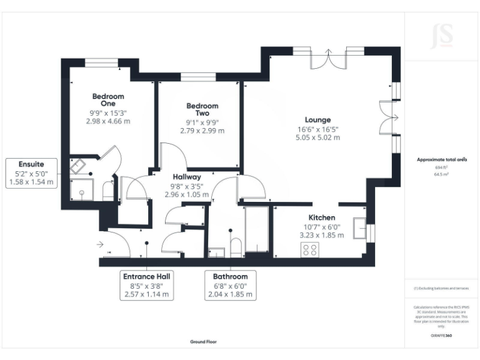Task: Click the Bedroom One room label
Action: (108, 100)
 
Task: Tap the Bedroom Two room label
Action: (202, 110)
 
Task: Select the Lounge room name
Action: (317, 120)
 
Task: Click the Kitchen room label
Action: (322, 217)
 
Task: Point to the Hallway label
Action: (186, 177)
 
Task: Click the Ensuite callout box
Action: (31, 173)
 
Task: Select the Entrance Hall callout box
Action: (147, 285)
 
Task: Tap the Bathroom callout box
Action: (230, 285)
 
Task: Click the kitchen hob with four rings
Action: (309, 250)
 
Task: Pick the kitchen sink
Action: (360, 229)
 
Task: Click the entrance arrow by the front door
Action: (100, 244)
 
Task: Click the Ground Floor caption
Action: (204, 342)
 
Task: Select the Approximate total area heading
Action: (442, 160)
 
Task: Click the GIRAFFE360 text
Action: (441, 336)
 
